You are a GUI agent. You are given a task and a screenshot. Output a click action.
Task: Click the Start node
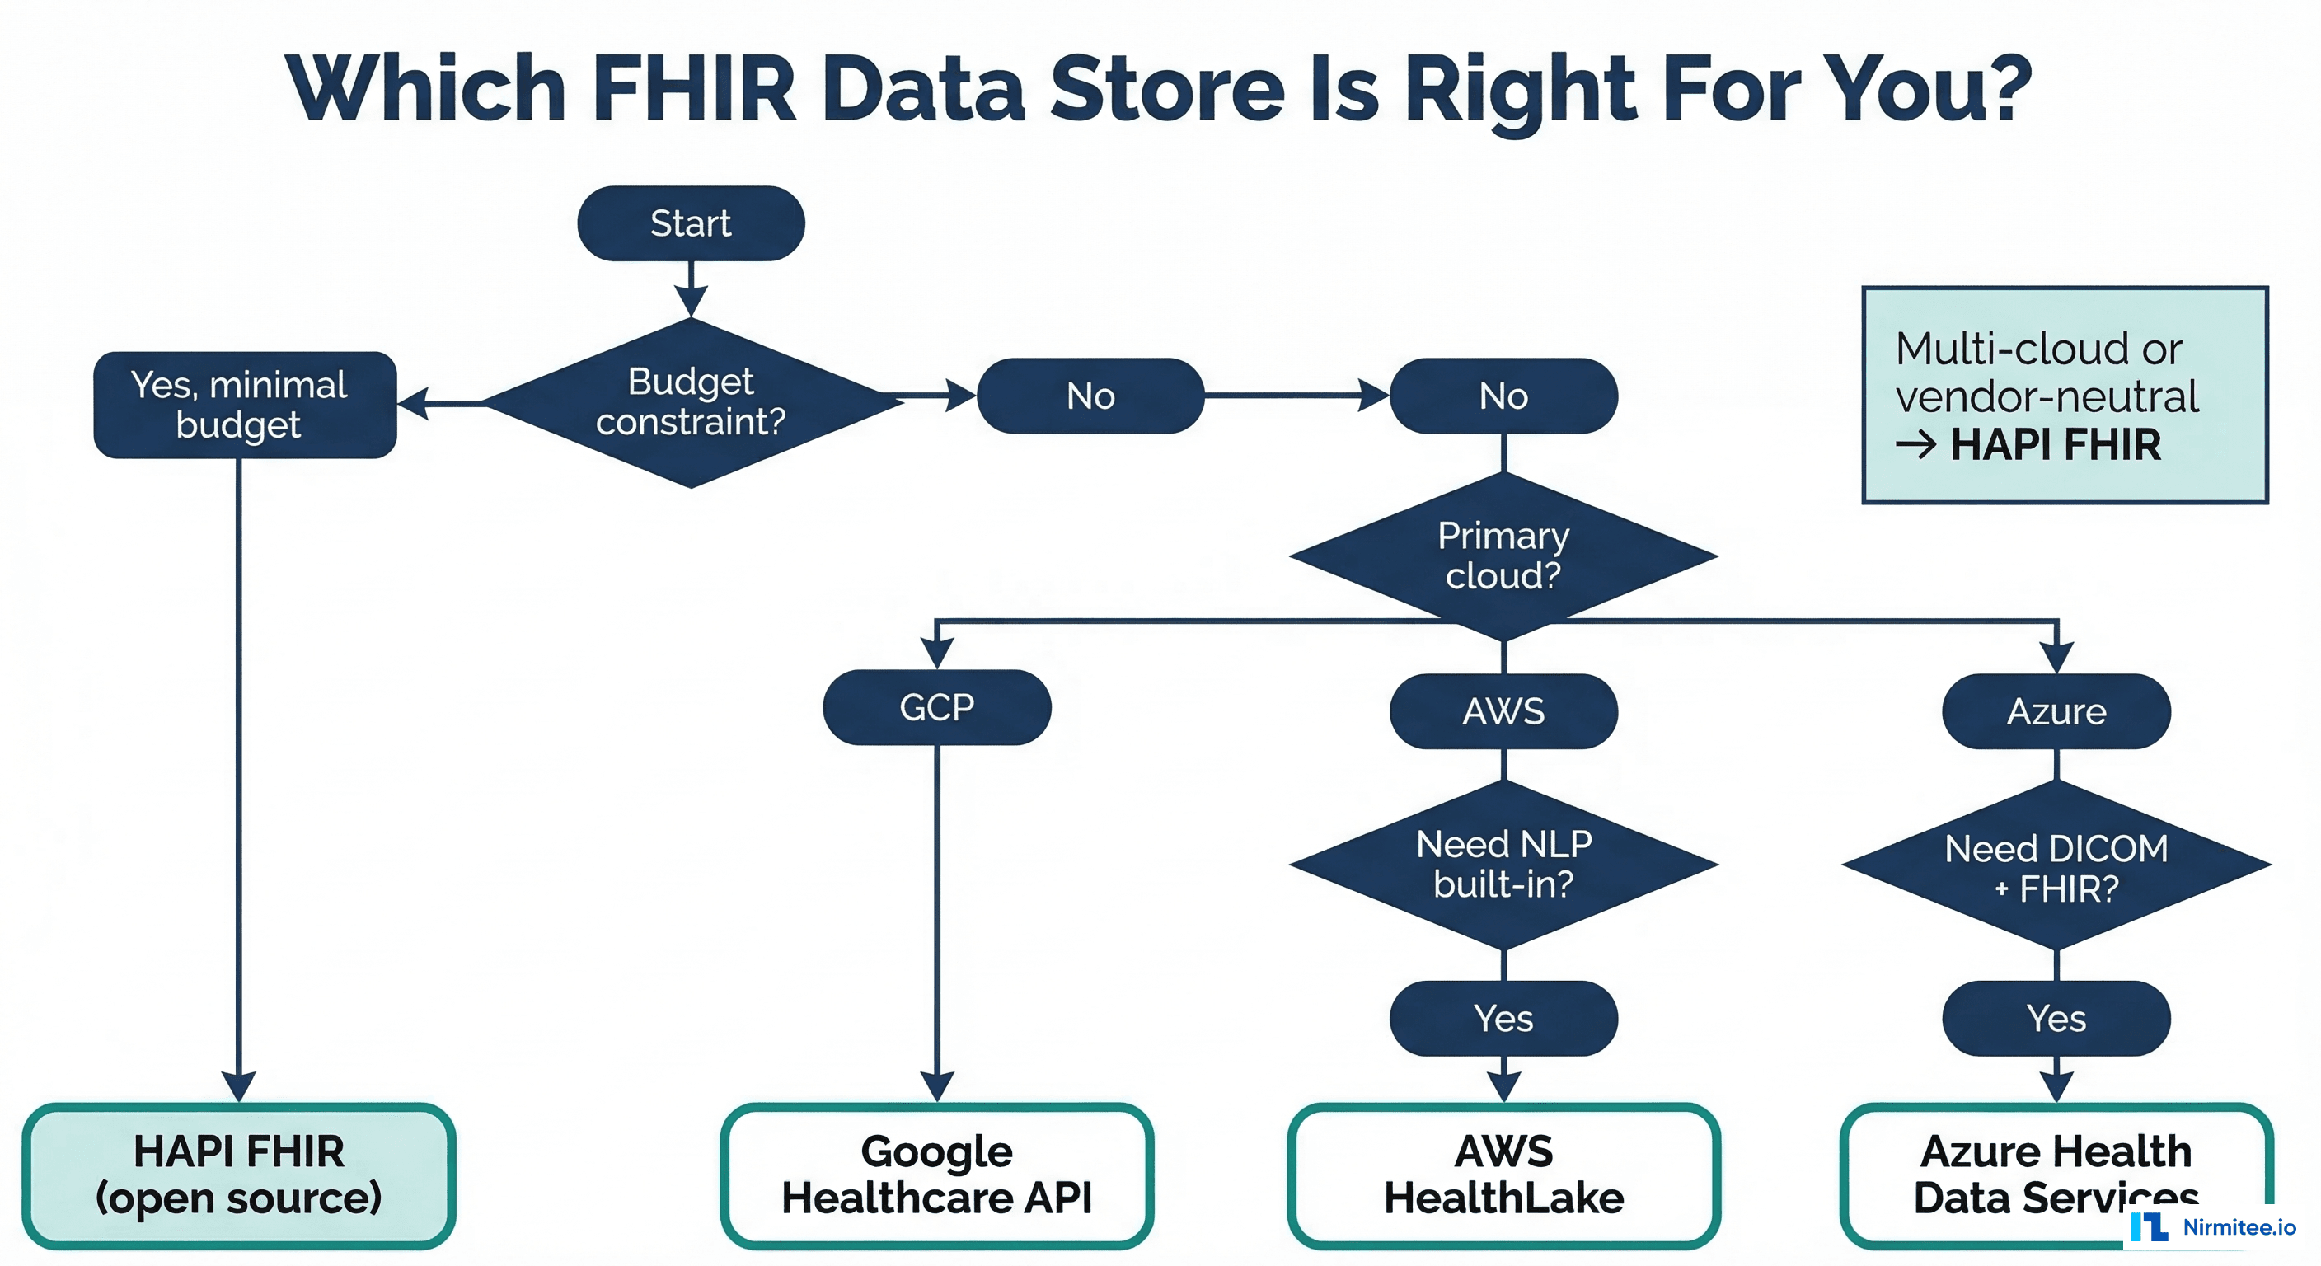click(690, 223)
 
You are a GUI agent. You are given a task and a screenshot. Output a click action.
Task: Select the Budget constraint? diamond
click(690, 402)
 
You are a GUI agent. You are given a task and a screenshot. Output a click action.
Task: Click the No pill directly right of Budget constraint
click(1090, 396)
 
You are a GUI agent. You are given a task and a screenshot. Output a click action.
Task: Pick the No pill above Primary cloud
click(1503, 396)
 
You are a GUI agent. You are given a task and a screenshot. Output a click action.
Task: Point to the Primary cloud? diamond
click(1503, 556)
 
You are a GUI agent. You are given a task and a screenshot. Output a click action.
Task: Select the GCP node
click(936, 707)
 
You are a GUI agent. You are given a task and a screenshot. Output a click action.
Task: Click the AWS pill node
click(1503, 711)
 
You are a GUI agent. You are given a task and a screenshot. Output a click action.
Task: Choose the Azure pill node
click(2056, 711)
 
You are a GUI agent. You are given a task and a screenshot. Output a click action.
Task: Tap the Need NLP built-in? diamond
click(1503, 864)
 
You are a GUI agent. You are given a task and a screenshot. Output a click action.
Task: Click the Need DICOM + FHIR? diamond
click(2056, 867)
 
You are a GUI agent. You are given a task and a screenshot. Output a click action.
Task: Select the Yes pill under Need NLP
click(1503, 1018)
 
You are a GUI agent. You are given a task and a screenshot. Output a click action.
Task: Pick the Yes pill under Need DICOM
click(2056, 1018)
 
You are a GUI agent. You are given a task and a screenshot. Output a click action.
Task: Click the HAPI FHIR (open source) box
click(239, 1175)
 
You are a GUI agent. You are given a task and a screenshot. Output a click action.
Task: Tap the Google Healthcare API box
click(936, 1175)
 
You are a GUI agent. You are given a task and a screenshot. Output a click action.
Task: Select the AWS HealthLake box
click(1503, 1175)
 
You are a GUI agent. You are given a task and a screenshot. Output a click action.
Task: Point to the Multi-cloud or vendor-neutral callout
click(2064, 396)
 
